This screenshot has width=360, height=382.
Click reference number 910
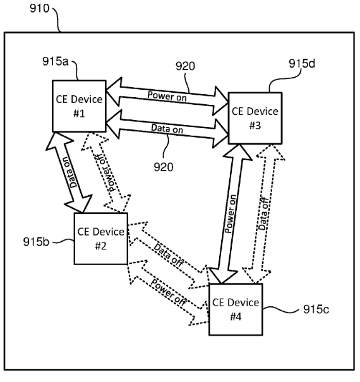click(40, 9)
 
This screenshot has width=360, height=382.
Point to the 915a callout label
click(56, 61)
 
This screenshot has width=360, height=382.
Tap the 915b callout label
click(36, 242)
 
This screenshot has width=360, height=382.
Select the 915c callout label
click(316, 309)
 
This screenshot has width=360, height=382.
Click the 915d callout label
click(302, 64)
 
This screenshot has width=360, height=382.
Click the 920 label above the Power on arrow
click(185, 66)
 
